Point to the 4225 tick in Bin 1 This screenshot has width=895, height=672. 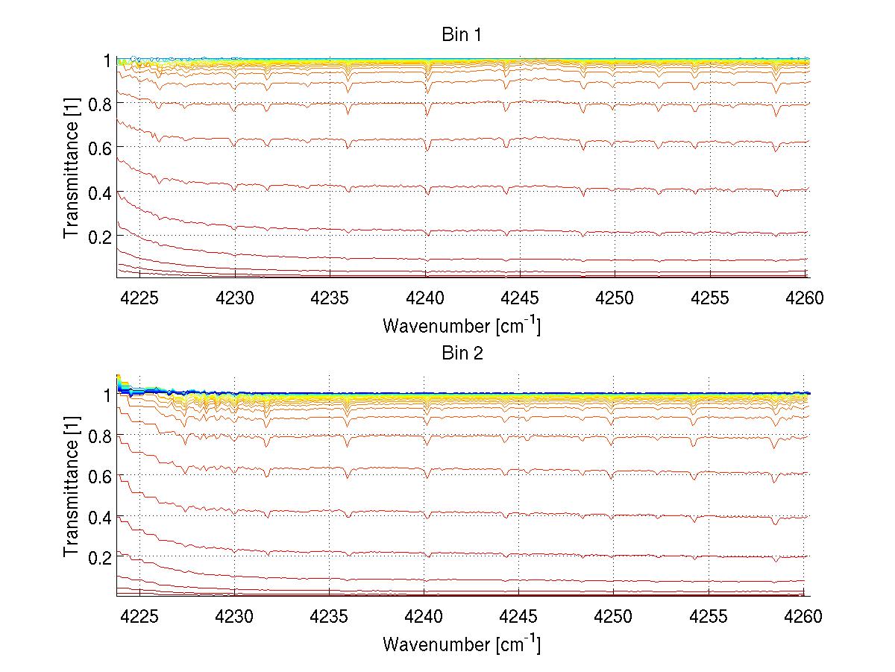pyautogui.click(x=139, y=298)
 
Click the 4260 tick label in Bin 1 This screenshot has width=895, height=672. pyautogui.click(x=804, y=298)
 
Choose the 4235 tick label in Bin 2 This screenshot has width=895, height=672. pyautogui.click(x=330, y=616)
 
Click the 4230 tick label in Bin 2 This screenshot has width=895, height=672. pyautogui.click(x=235, y=616)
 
